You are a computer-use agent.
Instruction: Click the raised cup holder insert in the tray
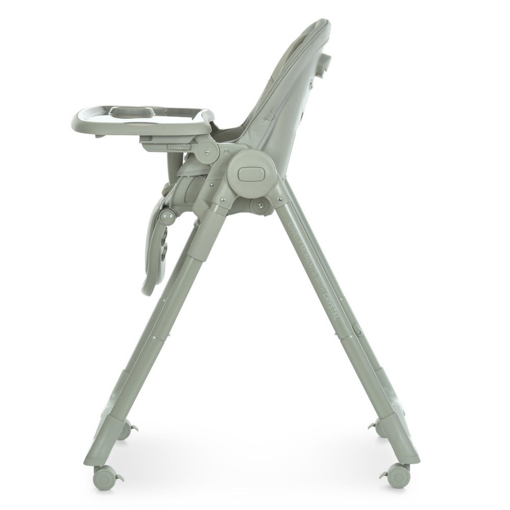(131, 111)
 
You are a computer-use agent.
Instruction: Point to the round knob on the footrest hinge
(167, 217)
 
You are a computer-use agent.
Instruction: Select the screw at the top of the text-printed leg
(279, 199)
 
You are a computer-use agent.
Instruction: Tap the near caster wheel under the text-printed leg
(398, 475)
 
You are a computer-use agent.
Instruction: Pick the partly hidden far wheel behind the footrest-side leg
(125, 430)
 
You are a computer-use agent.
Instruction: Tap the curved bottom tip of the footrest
(148, 288)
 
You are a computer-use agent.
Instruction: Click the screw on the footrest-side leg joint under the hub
(222, 200)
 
